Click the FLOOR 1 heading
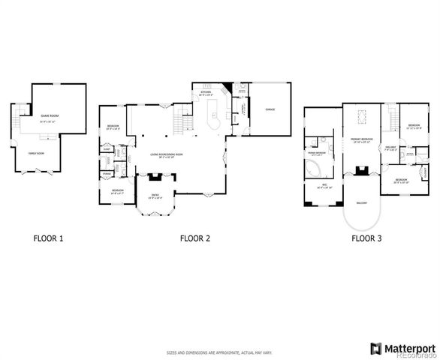click(48, 239)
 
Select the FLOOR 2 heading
click(194, 239)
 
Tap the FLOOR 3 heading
click(366, 239)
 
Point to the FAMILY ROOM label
click(36, 152)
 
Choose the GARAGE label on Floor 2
click(270, 109)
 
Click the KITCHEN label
click(206, 94)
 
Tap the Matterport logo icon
click(375, 348)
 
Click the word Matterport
click(409, 348)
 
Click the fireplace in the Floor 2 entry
click(155, 178)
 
